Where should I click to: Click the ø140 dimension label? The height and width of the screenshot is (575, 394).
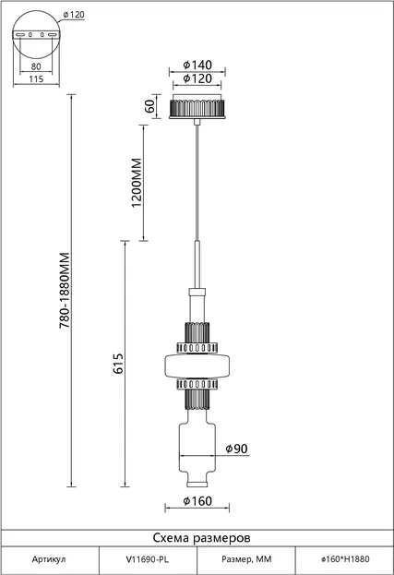(197, 65)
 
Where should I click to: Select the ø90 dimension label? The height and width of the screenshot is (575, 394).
(236, 449)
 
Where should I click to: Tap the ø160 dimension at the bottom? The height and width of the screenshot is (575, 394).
(197, 500)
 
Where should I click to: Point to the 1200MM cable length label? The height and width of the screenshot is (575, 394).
(137, 183)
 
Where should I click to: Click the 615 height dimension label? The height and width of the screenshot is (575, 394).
(118, 364)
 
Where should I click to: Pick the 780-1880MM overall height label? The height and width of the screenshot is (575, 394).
(65, 290)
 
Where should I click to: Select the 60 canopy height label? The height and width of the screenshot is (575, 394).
(149, 106)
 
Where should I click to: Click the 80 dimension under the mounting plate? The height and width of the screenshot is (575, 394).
(36, 66)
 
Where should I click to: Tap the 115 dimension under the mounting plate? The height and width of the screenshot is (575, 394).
(36, 78)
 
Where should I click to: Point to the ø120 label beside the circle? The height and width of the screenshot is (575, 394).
(74, 15)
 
